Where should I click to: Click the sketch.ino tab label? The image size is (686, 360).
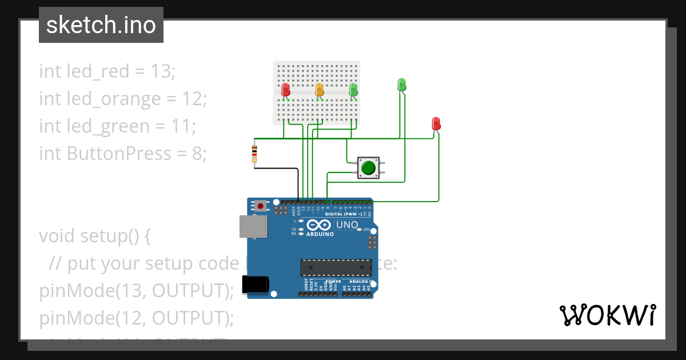(101, 25)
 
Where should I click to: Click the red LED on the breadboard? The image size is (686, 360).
(285, 90)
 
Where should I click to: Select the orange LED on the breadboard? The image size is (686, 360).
(320, 90)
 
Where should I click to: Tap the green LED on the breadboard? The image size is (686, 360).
(353, 90)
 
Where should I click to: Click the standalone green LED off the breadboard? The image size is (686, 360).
(401, 85)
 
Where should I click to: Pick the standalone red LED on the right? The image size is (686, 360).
(436, 123)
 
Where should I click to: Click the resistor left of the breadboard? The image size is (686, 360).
(254, 153)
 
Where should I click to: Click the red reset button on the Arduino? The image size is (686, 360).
(261, 205)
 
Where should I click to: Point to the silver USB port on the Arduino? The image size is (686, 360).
(252, 226)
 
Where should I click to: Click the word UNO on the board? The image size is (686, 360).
(346, 225)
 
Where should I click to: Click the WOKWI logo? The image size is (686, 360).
(607, 315)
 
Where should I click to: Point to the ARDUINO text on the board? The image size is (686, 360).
(320, 234)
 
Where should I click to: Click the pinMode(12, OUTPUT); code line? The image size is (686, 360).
(137, 318)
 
